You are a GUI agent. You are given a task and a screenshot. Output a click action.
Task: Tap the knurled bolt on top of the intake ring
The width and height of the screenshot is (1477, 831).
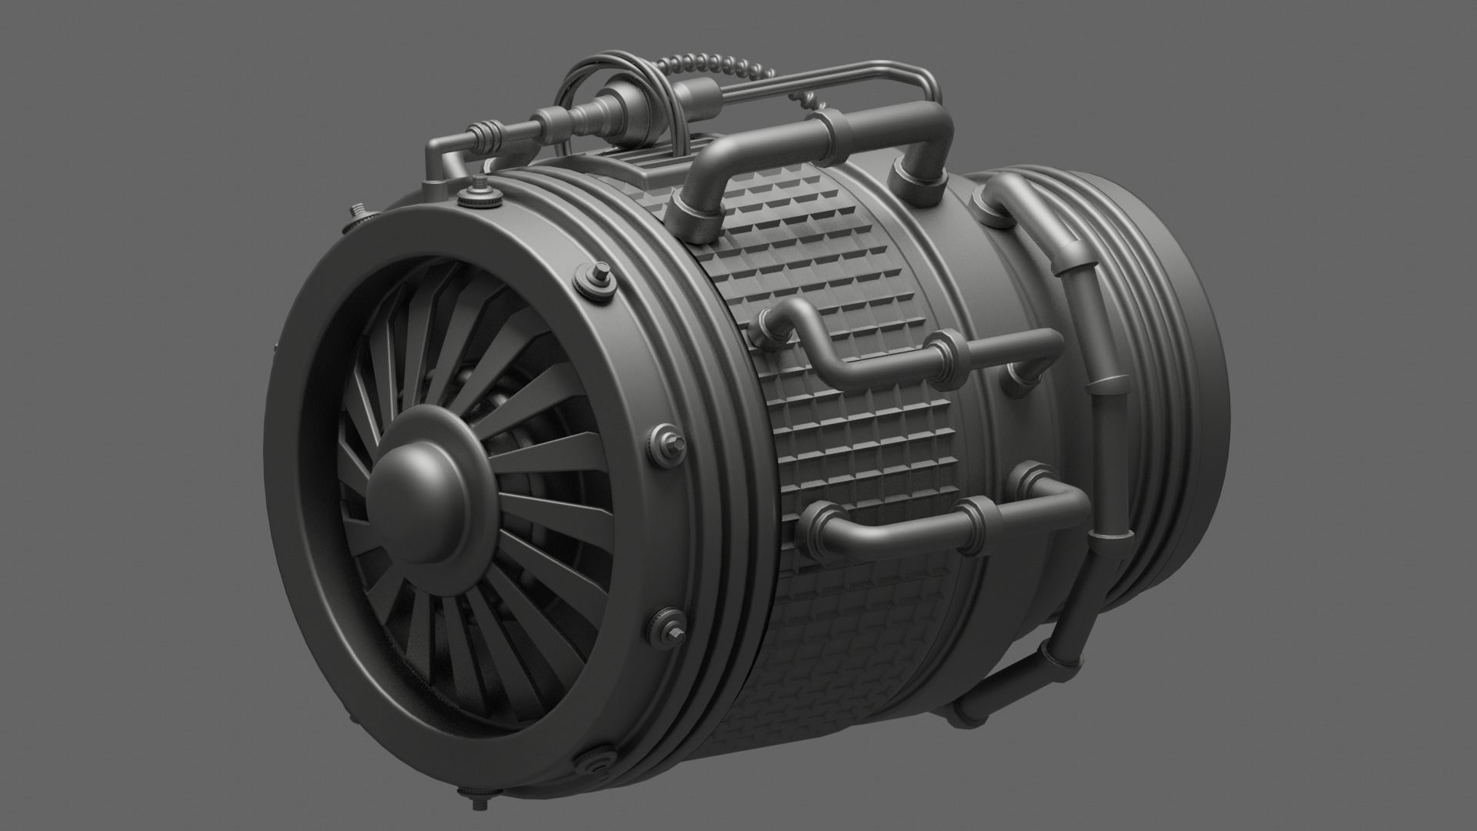coord(482,192)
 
